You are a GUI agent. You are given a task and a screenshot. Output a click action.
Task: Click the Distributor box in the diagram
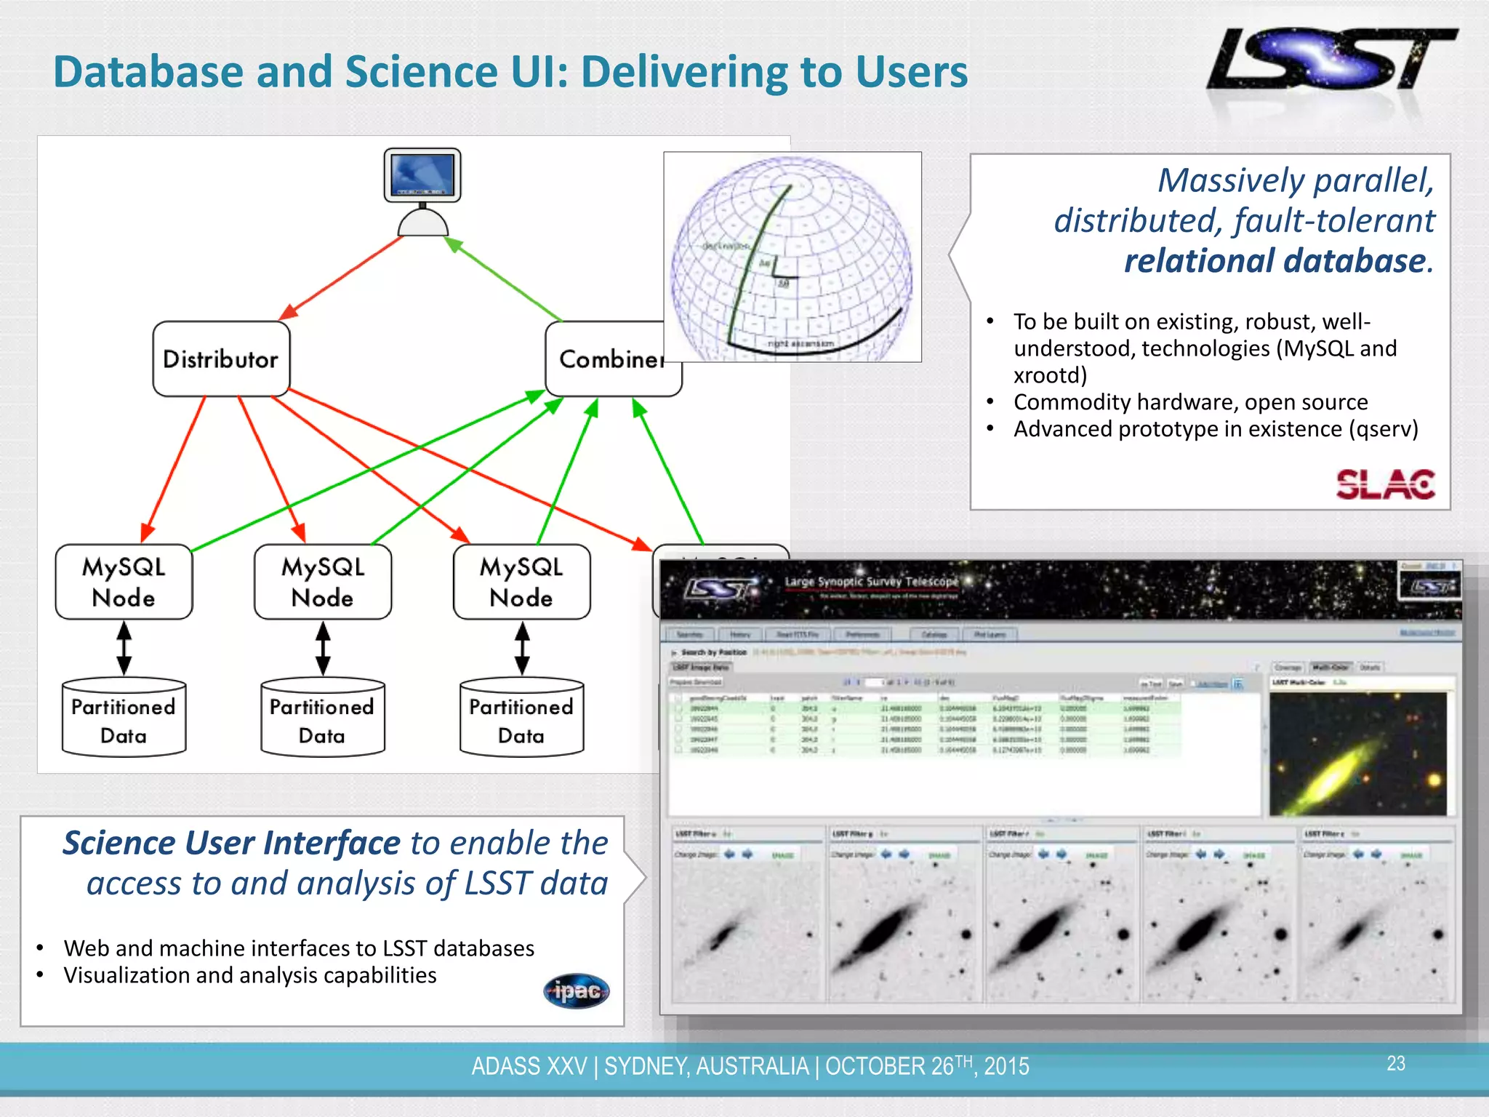[x=221, y=359]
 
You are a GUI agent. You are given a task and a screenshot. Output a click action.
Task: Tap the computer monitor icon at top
[x=422, y=176]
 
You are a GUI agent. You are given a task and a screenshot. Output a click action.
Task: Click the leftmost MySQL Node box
[x=124, y=582]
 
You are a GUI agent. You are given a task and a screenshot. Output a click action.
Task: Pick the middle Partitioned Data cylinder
[x=322, y=718]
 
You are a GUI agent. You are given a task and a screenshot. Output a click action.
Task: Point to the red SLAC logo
[x=1385, y=484]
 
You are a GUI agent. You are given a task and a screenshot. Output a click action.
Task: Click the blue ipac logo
[x=577, y=991]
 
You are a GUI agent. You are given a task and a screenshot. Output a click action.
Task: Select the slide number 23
[x=1395, y=1064]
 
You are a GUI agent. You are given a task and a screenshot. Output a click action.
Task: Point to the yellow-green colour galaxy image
[x=1357, y=753]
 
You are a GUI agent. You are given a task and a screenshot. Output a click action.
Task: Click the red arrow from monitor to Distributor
[x=342, y=277]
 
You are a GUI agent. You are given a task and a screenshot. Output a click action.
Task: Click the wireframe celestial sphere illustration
[x=791, y=257]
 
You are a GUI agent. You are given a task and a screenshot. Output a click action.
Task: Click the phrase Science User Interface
[x=231, y=843]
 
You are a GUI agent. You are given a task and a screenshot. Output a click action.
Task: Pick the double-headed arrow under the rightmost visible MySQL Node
[x=522, y=648]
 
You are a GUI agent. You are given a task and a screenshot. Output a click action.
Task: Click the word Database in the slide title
[x=148, y=72]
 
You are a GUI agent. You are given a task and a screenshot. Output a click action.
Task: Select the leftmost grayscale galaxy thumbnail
[x=745, y=931]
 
